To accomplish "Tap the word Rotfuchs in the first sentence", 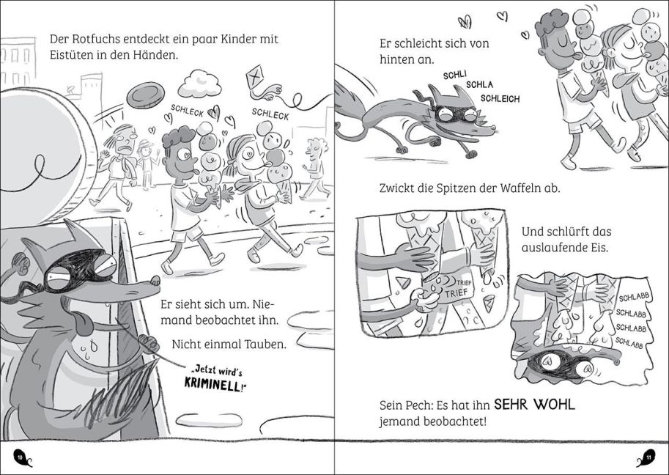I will (92, 39).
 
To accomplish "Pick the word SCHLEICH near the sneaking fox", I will (501, 98).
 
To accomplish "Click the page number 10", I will (21, 460).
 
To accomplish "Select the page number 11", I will (648, 460).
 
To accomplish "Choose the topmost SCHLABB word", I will (632, 298).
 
